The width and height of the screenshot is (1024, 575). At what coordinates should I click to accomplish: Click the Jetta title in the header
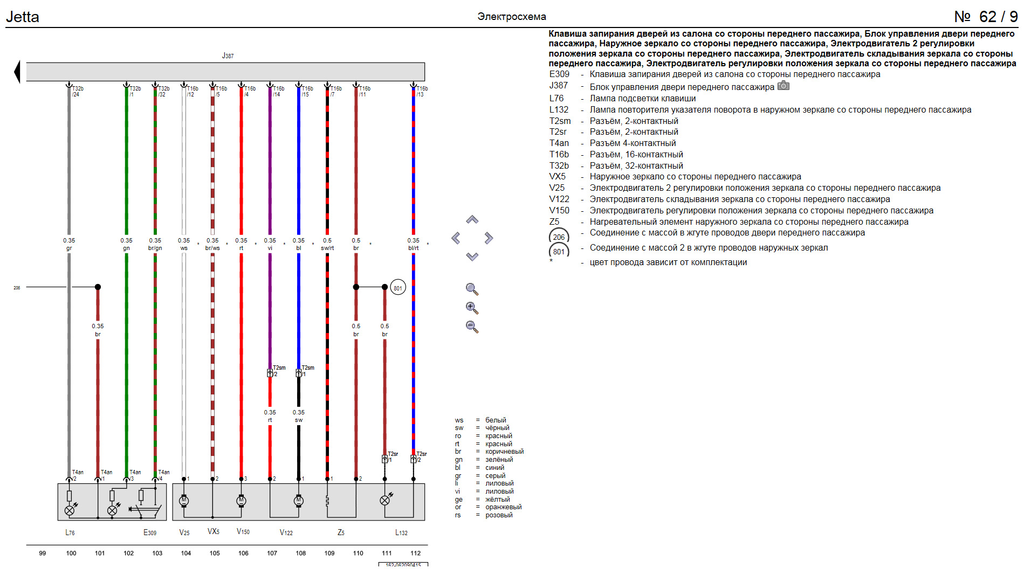tap(23, 17)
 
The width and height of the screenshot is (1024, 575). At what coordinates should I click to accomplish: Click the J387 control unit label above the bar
tap(228, 56)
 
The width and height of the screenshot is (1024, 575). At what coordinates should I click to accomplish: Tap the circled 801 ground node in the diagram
tap(397, 288)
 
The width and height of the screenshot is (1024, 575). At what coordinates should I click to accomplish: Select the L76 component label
tap(70, 532)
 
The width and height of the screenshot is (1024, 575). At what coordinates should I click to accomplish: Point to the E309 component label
tap(150, 532)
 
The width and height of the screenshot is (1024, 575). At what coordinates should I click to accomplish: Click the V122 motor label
tap(286, 532)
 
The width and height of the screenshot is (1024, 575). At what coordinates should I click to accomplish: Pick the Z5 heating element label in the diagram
tap(341, 532)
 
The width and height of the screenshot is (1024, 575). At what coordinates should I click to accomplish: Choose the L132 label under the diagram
tap(401, 532)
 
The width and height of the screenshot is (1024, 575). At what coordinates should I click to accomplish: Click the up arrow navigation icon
tap(472, 220)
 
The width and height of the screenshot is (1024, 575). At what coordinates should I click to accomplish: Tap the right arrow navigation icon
tap(489, 238)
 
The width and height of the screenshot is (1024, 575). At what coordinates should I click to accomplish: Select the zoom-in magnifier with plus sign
tap(472, 308)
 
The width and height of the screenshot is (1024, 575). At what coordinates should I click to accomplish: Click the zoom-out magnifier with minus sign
tap(472, 327)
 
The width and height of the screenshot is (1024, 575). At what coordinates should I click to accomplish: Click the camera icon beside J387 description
tap(784, 86)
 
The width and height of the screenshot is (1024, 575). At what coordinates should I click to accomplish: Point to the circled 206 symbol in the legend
tap(559, 237)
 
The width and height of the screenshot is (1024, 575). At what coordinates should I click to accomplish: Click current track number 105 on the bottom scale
tap(215, 553)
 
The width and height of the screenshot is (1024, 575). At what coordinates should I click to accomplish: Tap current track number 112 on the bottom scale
tap(415, 553)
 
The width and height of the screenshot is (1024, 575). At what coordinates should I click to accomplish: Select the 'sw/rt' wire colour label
tap(327, 248)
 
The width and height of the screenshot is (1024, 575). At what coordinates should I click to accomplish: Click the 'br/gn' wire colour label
tap(155, 248)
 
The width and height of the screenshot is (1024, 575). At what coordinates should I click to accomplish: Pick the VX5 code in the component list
tap(558, 177)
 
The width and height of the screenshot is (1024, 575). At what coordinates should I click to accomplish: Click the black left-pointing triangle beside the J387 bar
tap(17, 72)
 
